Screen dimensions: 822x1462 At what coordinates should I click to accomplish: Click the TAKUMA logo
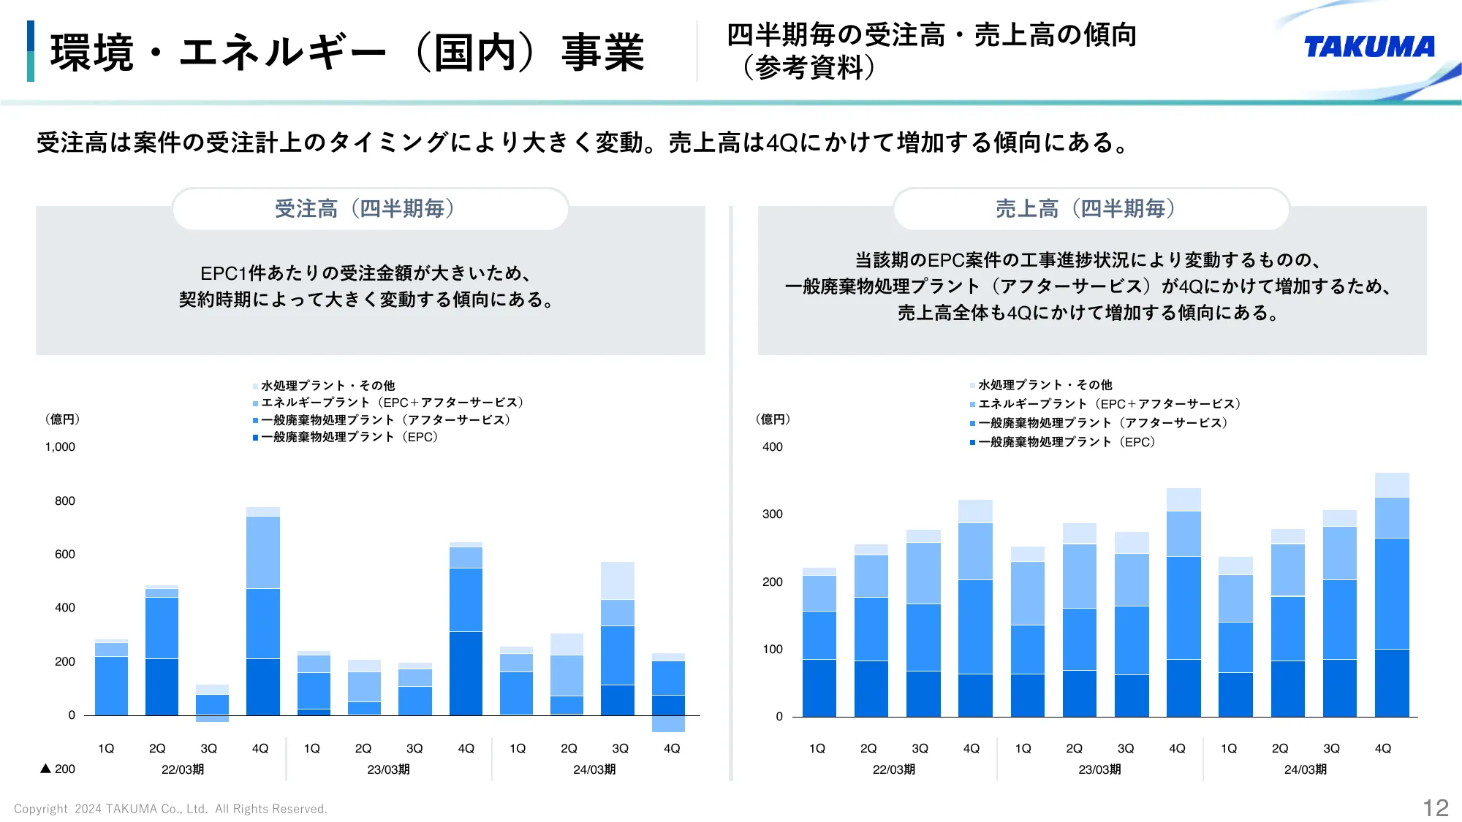[1368, 47]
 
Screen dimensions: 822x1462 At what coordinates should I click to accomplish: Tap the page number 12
[1435, 807]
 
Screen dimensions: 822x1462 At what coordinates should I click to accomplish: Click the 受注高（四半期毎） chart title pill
[370, 209]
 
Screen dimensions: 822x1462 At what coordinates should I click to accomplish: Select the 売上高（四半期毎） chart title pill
[1091, 209]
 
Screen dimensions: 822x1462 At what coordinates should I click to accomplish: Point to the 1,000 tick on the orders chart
[60, 447]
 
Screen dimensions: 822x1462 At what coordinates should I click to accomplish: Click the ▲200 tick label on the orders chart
[58, 769]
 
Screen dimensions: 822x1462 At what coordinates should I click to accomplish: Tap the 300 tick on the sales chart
[772, 514]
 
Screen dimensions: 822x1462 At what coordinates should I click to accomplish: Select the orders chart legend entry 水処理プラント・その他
[327, 385]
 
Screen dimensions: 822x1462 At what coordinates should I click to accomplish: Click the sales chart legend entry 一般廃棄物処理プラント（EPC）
[1066, 442]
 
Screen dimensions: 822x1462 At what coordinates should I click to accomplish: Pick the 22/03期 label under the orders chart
[182, 769]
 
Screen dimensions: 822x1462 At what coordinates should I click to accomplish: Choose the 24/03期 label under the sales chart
[1305, 769]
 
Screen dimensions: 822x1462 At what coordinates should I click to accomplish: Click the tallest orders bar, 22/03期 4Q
[263, 611]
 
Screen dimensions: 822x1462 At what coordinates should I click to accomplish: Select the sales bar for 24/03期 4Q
[1392, 595]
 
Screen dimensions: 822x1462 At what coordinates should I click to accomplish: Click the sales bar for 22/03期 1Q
[819, 642]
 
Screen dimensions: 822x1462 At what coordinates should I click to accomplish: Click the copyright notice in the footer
[170, 809]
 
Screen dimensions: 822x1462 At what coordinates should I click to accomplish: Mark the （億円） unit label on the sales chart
[773, 419]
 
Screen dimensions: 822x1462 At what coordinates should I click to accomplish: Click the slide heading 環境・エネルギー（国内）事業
[346, 53]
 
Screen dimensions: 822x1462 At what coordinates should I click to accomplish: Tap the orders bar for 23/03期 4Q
[466, 628]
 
